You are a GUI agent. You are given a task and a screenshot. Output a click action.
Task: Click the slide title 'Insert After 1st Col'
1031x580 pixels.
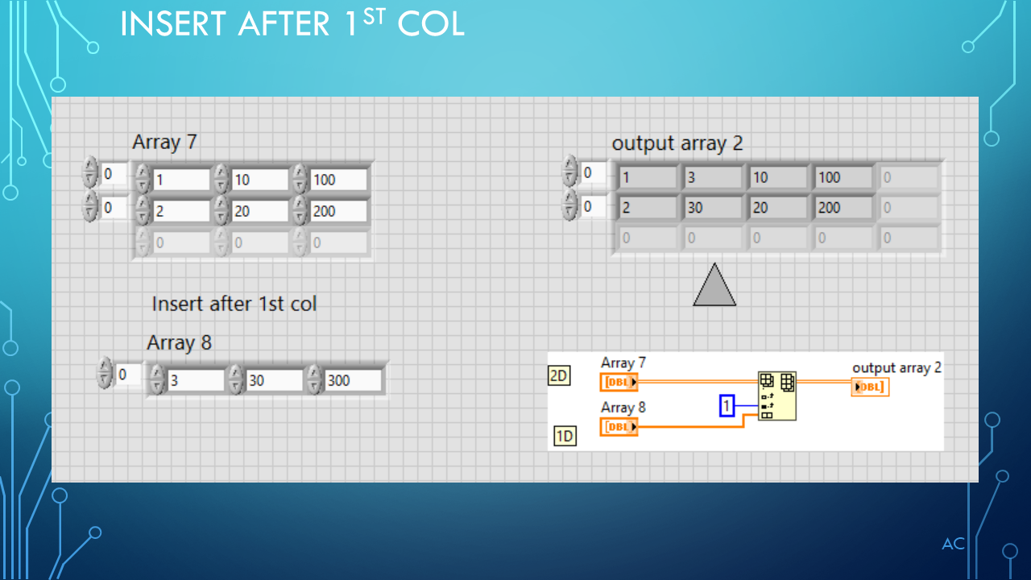pos(292,24)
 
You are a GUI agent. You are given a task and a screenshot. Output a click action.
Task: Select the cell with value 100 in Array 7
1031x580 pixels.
pos(337,180)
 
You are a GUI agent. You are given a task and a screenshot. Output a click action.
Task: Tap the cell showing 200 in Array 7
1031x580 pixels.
pos(337,211)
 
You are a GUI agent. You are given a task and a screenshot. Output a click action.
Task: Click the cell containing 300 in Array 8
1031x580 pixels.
pos(352,380)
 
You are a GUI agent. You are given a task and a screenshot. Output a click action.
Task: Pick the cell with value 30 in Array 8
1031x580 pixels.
pos(274,380)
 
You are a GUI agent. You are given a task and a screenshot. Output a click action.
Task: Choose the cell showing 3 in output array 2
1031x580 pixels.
pos(713,177)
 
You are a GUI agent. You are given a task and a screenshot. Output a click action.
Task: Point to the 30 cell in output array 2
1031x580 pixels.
pos(713,208)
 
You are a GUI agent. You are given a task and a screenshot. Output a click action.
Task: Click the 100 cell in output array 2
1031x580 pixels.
pos(843,177)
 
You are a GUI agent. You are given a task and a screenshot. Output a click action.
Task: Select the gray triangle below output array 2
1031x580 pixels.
pos(714,285)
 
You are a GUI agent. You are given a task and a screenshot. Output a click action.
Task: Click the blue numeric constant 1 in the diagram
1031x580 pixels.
pos(727,406)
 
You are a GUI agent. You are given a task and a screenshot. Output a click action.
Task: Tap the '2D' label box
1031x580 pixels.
pos(559,375)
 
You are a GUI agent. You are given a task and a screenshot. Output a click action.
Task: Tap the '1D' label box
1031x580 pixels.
pos(565,437)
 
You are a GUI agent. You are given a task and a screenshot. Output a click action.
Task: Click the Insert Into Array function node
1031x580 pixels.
pos(777,396)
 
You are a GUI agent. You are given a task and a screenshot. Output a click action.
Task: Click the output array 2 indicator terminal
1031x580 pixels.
pos(871,387)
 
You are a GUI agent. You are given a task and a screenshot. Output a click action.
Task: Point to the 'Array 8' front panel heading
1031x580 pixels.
pos(179,343)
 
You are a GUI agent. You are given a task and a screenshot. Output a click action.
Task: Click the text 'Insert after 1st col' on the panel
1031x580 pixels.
pos(234,304)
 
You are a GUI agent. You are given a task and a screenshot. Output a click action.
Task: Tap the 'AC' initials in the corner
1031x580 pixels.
pos(954,545)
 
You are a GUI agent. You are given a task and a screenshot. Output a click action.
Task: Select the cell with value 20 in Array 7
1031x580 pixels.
pos(259,211)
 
